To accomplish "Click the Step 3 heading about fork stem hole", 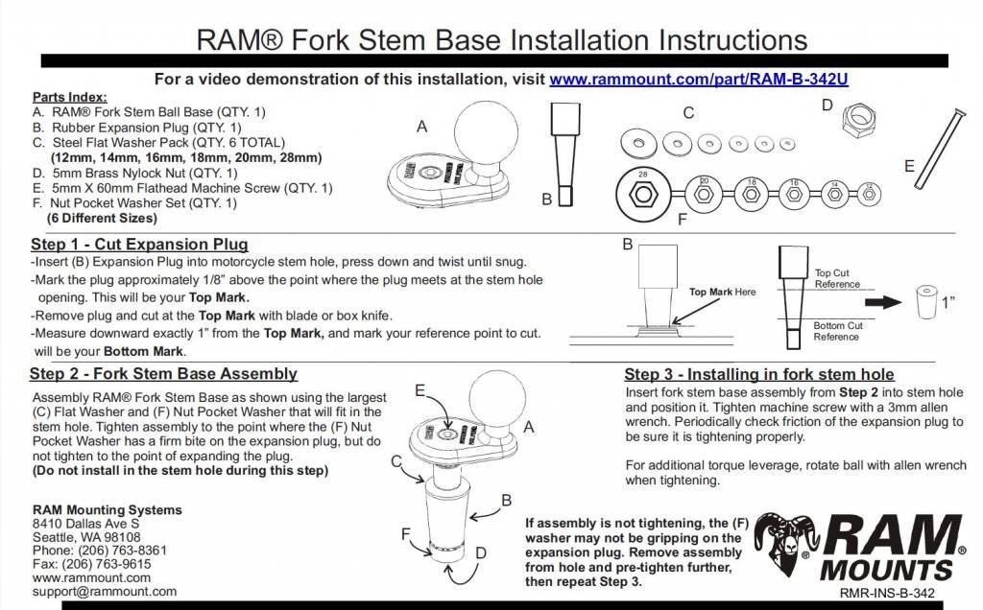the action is pos(758,374).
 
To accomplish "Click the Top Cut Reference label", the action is pos(837,278).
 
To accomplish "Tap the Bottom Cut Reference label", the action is pos(837,331).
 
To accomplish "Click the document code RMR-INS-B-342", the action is pos(887,595).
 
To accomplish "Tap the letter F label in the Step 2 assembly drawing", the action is pos(406,532).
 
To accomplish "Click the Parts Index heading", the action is pos(70,97).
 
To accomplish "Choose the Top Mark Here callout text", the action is pos(723,290).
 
